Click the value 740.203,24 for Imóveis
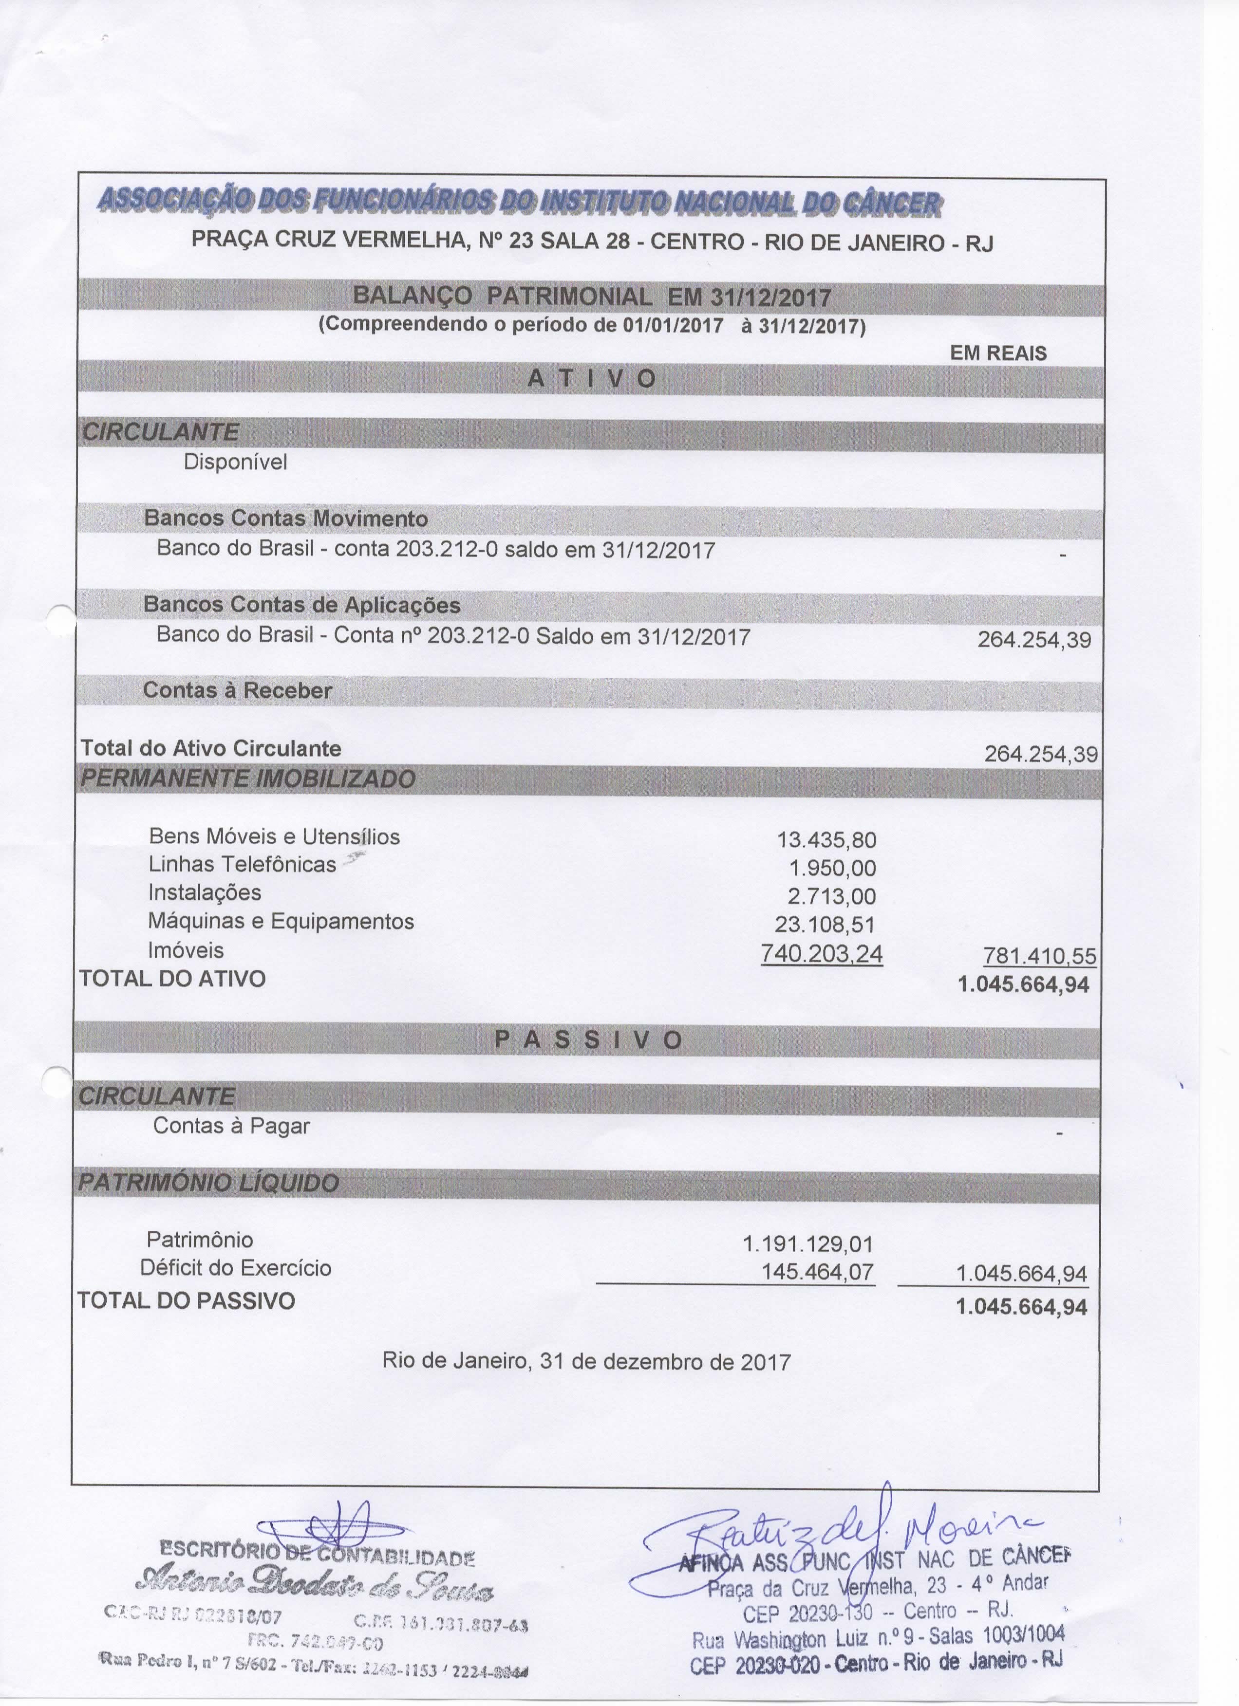pos(822,954)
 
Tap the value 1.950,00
pos(832,869)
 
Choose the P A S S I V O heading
pos(589,1040)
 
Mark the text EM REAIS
pos(997,353)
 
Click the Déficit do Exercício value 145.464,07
pos(818,1272)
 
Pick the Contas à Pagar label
pos(231,1126)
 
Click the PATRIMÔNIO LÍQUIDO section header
pos(209,1183)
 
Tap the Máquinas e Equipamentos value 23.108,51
pos(825,925)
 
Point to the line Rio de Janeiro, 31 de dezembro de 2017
pos(587,1361)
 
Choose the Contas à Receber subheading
pos(238,690)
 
